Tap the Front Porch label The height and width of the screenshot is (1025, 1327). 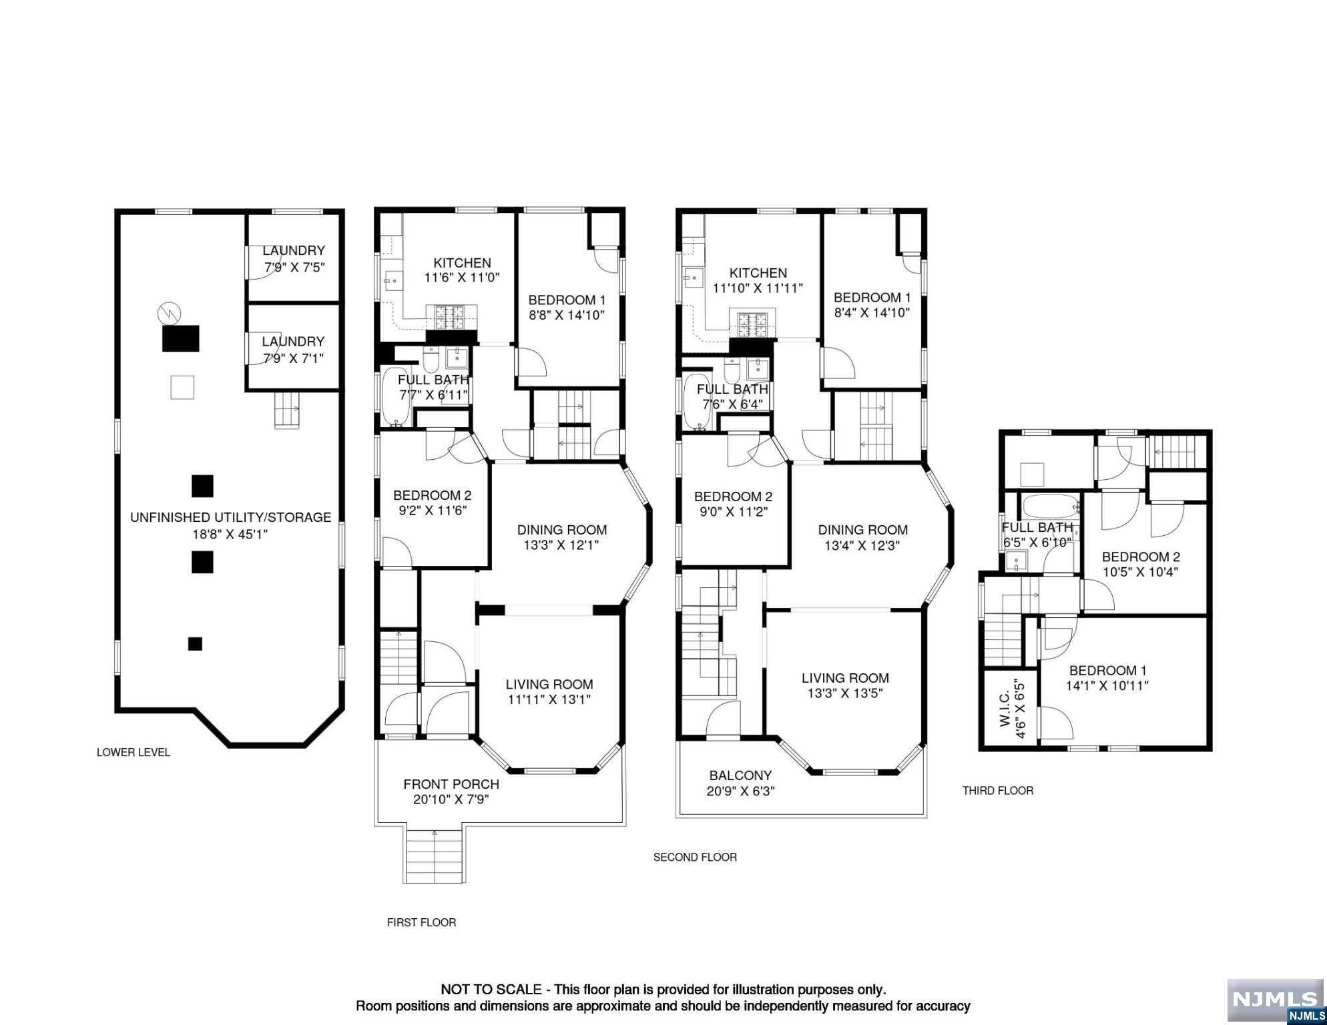click(451, 784)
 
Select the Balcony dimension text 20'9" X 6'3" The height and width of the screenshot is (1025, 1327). click(740, 791)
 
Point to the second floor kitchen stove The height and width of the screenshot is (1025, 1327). click(752, 325)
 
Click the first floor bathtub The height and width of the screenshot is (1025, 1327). click(397, 396)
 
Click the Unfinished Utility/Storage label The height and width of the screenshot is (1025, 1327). click(230, 517)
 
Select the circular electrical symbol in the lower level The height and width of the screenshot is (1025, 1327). click(170, 313)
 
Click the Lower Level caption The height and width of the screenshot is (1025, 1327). click(134, 752)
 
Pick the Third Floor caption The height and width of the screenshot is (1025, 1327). click(998, 791)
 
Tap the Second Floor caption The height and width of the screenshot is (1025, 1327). click(695, 857)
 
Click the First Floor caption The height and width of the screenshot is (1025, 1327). click(421, 922)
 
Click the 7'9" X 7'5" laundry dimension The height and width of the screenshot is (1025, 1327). click(294, 268)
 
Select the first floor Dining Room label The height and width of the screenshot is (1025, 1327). click(562, 530)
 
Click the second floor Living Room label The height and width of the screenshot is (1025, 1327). click(845, 678)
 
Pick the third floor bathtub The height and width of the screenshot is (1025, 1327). click(1051, 506)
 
